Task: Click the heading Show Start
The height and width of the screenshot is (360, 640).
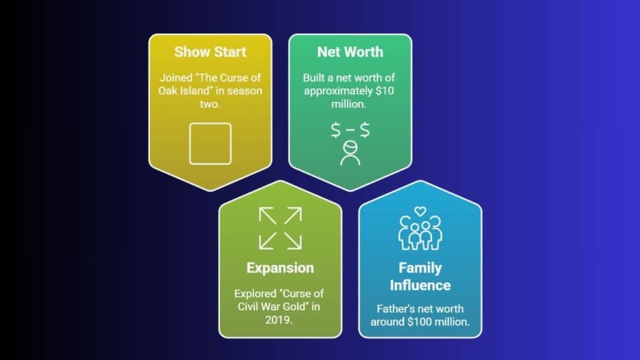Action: (x=210, y=52)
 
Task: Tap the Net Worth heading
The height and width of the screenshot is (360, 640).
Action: (x=350, y=52)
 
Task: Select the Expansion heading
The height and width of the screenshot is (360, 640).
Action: (x=280, y=267)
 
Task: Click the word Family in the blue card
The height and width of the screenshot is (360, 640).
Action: (x=420, y=268)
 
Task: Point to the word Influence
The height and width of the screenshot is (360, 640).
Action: (x=420, y=285)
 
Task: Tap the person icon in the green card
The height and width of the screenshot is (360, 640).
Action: (x=350, y=153)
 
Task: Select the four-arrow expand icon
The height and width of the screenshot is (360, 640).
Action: (x=281, y=228)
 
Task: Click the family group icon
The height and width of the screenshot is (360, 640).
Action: (x=420, y=232)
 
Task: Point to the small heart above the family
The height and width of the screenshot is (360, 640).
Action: (x=420, y=211)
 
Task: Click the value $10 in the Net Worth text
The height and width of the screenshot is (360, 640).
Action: (x=384, y=91)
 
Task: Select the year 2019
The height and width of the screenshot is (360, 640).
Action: (x=278, y=319)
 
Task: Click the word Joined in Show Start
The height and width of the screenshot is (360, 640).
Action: (x=176, y=77)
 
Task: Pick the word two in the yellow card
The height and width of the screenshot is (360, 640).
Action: (x=210, y=104)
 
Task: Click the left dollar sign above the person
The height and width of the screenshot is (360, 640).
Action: (x=336, y=130)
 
